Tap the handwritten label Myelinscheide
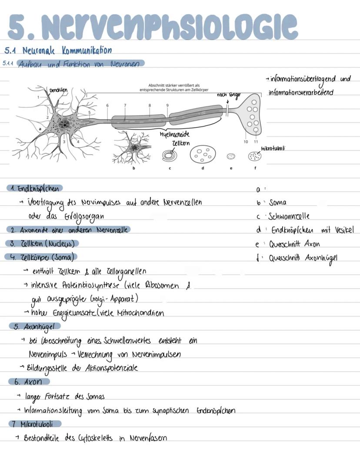click(x=175, y=134)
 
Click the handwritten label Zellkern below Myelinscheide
click(x=181, y=143)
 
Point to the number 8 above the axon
click(x=150, y=105)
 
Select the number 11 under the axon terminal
click(x=256, y=142)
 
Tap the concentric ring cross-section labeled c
click(x=170, y=155)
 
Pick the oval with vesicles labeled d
click(x=202, y=155)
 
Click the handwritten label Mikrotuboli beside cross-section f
click(x=273, y=149)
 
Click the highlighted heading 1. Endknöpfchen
click(x=35, y=188)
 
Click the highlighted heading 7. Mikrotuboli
click(x=36, y=423)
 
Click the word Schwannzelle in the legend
click(x=289, y=216)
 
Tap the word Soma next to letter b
click(x=278, y=203)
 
